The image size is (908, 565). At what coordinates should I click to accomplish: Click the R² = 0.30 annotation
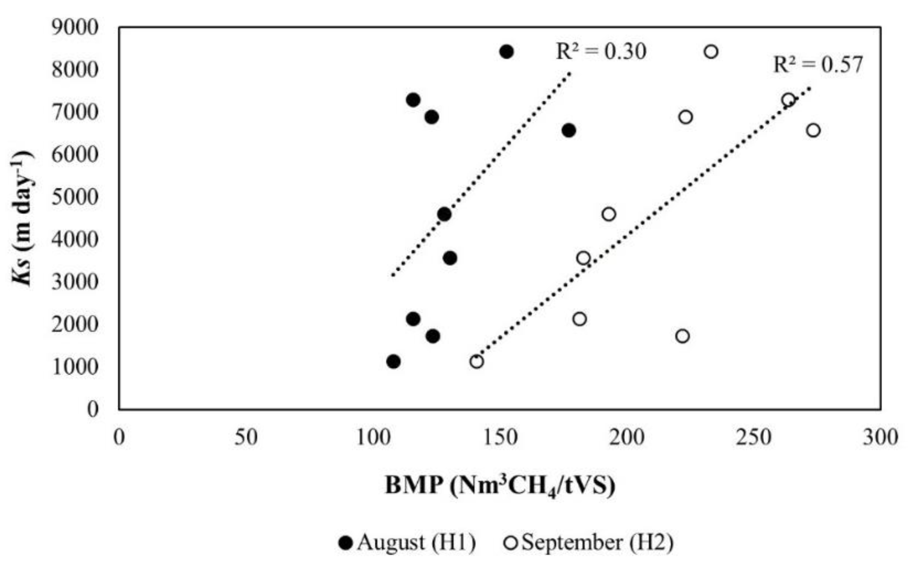601,52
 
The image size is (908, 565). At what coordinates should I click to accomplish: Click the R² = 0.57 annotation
817,65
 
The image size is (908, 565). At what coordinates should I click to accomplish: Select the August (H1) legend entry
408,543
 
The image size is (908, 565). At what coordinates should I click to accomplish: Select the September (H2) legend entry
589,543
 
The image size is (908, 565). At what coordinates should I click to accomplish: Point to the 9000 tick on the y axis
75,27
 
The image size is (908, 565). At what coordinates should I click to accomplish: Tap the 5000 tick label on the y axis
75,197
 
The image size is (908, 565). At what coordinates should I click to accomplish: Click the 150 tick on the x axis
500,437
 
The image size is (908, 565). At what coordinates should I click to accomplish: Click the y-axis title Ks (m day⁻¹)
21,218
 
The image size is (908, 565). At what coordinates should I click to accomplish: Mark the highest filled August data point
507,52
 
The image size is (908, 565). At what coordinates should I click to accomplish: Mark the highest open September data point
711,52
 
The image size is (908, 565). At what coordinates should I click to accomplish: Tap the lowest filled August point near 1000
393,362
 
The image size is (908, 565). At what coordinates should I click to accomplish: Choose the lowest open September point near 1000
476,362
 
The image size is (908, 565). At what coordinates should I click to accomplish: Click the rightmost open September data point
813,131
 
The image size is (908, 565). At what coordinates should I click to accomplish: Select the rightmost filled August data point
568,131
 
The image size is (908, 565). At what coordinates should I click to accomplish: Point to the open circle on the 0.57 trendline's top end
788,100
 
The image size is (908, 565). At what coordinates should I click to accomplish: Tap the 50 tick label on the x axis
246,437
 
